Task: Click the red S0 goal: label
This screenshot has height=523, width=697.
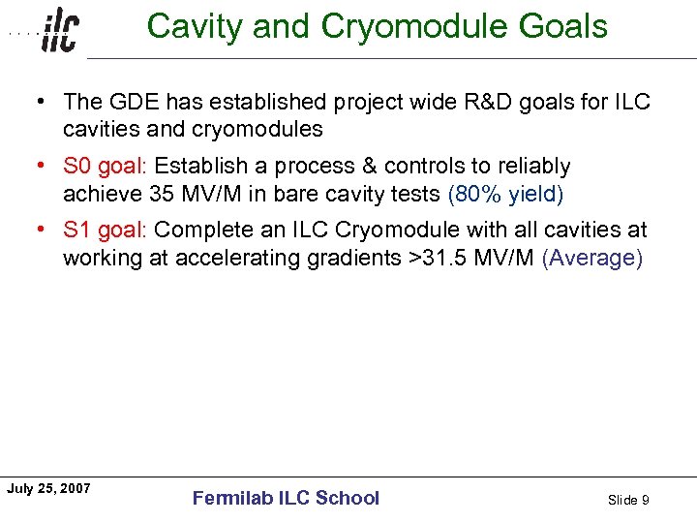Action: click(x=106, y=167)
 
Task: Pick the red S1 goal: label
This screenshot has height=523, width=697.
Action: click(x=106, y=231)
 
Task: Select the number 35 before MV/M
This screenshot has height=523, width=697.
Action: click(x=161, y=194)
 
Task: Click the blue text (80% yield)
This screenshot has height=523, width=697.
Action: click(x=505, y=194)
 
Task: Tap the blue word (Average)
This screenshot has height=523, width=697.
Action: click(x=591, y=258)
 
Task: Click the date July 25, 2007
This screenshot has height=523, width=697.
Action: click(x=48, y=488)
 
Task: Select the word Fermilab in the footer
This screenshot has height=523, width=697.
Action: click(x=233, y=498)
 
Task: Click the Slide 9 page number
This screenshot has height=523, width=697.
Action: click(x=628, y=500)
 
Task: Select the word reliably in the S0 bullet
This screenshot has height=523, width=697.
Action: click(x=534, y=167)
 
